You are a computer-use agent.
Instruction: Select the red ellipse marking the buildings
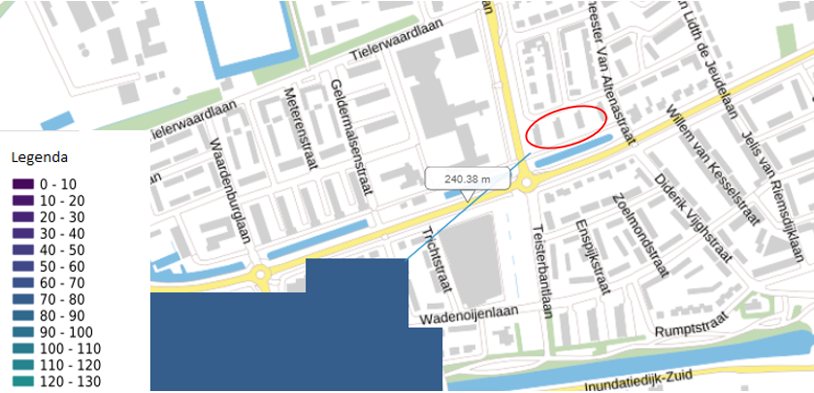tap(566, 126)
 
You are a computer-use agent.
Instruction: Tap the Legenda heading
tap(38, 156)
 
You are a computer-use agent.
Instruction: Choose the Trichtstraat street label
tap(431, 247)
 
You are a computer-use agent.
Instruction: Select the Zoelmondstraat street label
tap(635, 232)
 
